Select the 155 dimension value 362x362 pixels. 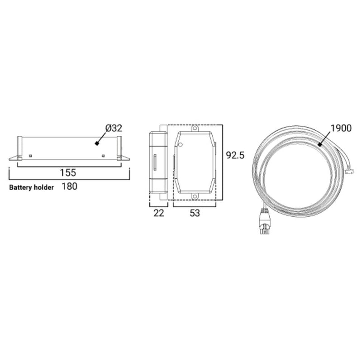[x=68, y=172]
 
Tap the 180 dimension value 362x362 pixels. [x=69, y=186]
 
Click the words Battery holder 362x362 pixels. [x=32, y=187]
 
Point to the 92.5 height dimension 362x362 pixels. [x=235, y=156]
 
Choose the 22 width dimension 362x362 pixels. [x=158, y=213]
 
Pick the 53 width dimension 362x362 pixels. [x=195, y=213]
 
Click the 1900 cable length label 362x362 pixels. [x=341, y=129]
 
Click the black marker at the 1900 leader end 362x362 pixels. [x=319, y=144]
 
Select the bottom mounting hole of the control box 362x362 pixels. [x=195, y=196]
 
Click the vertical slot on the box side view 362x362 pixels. [x=155, y=162]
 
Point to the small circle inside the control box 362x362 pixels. [x=180, y=145]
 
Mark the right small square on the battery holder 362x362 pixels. [x=103, y=156]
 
